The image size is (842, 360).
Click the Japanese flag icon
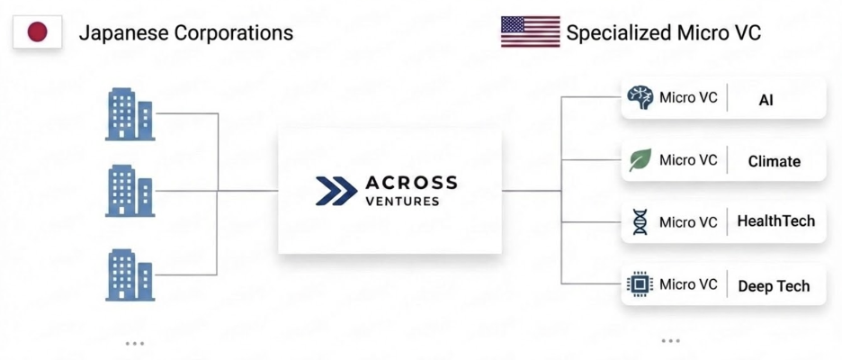click(x=37, y=33)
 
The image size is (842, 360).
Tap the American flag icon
click(x=530, y=32)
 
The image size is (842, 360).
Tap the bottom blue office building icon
click(x=130, y=274)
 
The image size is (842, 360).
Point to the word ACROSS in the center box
click(x=411, y=183)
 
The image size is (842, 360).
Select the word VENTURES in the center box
click(x=403, y=202)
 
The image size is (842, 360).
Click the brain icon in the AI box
click(x=640, y=98)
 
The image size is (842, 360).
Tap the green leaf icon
click(x=640, y=161)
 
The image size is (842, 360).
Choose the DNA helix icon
click(x=640, y=222)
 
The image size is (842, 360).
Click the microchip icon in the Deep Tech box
click(x=640, y=285)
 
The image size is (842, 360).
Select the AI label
click(x=766, y=100)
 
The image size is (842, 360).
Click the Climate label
click(x=774, y=162)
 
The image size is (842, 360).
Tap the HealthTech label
click(x=775, y=221)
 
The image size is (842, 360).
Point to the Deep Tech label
click(x=774, y=286)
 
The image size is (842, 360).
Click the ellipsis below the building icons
click(x=135, y=343)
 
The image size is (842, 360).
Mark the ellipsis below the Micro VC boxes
click(x=670, y=340)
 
